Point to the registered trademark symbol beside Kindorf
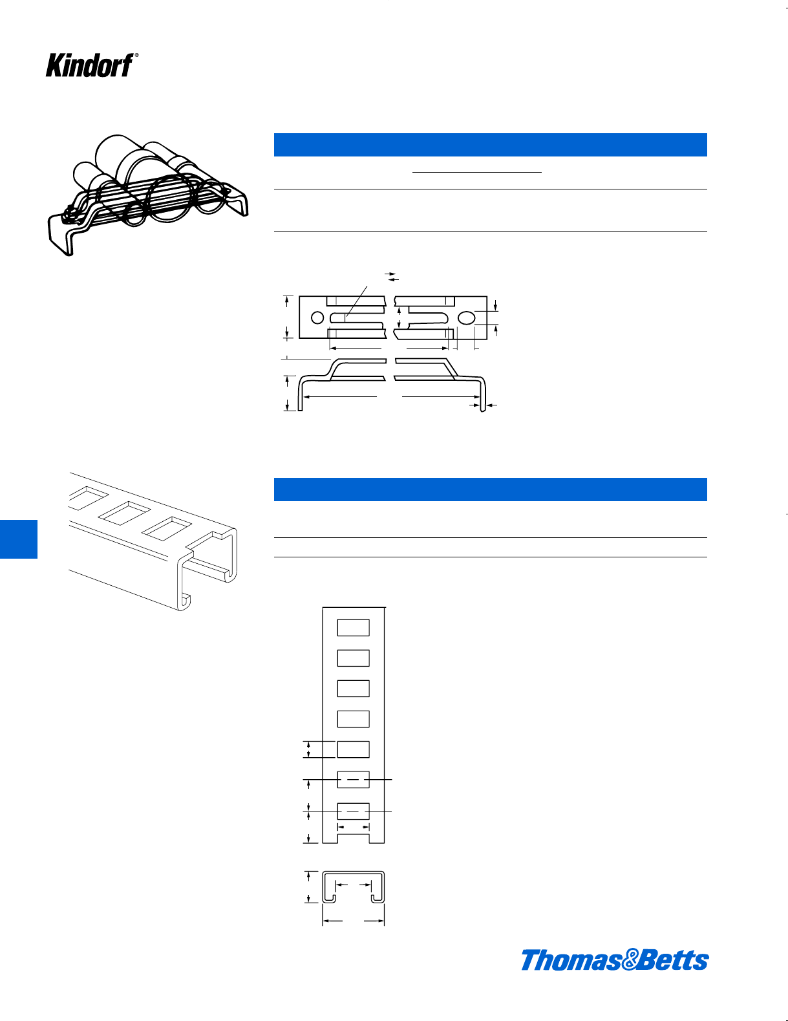136,55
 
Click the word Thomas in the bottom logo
571,960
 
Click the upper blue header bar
490,145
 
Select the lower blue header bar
490,489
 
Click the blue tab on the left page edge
19,539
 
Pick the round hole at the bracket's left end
317,317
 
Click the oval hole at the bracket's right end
466,317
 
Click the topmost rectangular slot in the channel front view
353,628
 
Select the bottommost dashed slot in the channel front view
353,811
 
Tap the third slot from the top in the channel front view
353,689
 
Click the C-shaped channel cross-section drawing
353,887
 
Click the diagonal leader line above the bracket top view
356,303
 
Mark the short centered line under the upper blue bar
477,173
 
